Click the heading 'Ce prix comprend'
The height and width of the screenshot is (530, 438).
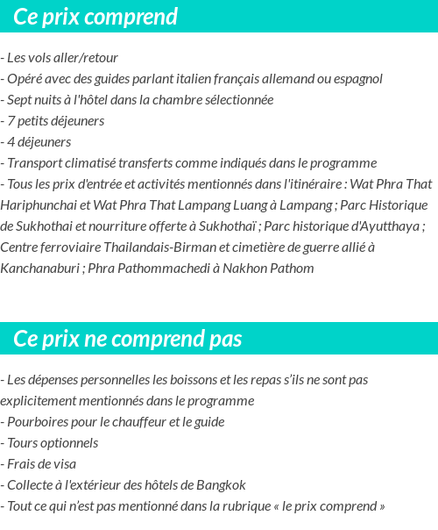coord(95,17)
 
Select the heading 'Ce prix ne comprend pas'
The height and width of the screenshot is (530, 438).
coord(128,339)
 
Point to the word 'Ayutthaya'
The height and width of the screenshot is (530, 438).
coord(386,226)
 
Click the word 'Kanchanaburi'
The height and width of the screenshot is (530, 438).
coord(39,269)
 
